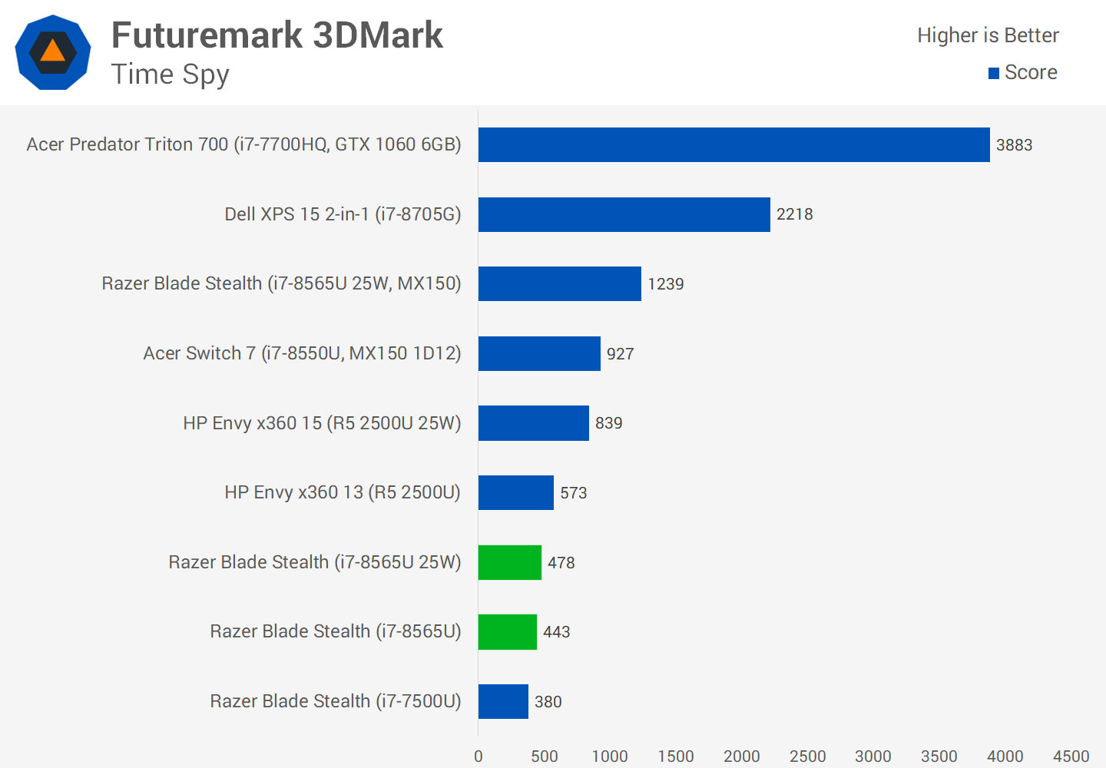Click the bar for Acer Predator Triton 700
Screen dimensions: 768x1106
733,144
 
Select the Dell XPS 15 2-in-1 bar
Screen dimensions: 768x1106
624,214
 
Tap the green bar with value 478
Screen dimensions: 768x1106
509,562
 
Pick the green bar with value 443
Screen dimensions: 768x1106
507,632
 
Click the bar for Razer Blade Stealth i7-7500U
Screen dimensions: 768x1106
503,701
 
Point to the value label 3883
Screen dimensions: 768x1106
1014,145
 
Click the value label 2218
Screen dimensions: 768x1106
794,214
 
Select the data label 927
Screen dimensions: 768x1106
620,354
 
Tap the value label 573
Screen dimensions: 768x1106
573,493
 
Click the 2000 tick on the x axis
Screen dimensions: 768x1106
741,756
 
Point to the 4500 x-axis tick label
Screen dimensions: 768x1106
1071,756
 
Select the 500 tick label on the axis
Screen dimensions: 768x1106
544,756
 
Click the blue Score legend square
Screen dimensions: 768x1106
994,73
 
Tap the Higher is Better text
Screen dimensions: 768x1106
988,35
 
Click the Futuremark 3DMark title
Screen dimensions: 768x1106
277,35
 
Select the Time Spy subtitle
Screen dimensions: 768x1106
170,74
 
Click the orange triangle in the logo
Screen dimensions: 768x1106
52,51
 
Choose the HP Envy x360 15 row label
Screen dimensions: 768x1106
322,423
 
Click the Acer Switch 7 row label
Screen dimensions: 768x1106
302,353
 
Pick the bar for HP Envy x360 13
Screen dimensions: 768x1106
515,492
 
